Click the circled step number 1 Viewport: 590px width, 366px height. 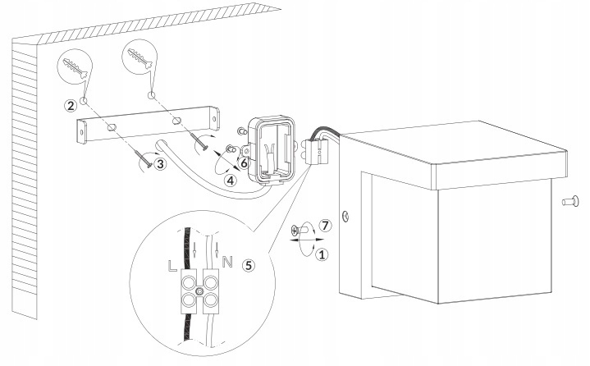[322, 254]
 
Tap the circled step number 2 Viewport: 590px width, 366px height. [71, 105]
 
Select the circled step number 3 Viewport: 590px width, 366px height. [160, 163]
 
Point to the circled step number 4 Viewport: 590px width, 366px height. [231, 181]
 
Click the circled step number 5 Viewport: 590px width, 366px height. [249, 266]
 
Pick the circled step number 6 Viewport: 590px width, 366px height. [244, 163]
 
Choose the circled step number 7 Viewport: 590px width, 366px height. [325, 226]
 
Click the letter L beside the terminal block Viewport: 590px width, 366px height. [172, 266]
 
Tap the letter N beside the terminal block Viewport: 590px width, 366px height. [227, 262]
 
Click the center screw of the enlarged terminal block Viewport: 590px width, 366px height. [199, 291]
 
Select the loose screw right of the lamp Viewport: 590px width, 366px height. [570, 201]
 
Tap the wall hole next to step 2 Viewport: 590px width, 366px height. [84, 101]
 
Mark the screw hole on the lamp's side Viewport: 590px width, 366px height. [345, 216]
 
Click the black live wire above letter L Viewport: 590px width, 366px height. [187, 248]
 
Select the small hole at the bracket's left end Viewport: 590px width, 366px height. [81, 132]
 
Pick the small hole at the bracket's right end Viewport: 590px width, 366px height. [214, 119]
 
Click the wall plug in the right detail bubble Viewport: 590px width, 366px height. [140, 57]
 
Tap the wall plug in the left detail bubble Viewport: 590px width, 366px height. [75, 68]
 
